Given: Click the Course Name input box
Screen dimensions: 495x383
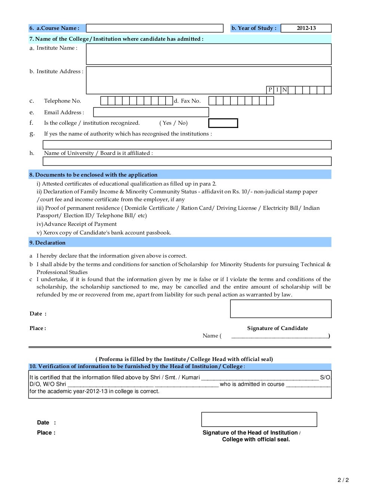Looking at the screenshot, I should tap(154, 28).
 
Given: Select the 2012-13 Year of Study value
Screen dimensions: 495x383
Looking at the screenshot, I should tap(306, 28).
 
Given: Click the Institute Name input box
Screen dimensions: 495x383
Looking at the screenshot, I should tap(208, 54).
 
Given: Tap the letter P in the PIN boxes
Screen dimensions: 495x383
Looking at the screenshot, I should tap(270, 90).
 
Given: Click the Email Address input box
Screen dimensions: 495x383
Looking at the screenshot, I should tap(151, 112).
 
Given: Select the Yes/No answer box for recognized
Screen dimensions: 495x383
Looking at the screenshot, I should tap(223, 123).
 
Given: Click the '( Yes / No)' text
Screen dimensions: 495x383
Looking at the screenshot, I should tap(174, 123).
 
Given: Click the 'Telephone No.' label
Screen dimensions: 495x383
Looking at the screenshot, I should tap(62, 101).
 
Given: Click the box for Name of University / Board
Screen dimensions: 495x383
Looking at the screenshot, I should tap(187, 161).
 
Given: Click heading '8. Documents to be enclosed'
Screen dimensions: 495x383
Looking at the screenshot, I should tap(93, 175).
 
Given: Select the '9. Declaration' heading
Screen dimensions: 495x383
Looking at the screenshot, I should tap(48, 243).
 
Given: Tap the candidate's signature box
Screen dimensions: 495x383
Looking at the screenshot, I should tap(281, 309).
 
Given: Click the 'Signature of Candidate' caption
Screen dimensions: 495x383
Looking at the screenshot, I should tap(278, 328).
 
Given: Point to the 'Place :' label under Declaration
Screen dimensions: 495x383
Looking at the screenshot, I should tap(38, 328).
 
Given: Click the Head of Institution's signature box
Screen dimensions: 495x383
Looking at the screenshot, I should tap(259, 419).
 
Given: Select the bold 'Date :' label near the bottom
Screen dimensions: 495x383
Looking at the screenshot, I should tap(46, 423).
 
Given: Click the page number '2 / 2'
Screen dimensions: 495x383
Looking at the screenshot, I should tap(343, 480).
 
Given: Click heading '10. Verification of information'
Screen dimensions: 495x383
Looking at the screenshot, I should tap(136, 366).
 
